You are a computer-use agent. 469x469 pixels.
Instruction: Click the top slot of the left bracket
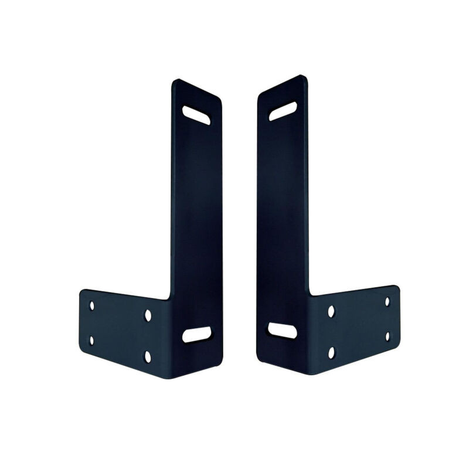tap(196, 115)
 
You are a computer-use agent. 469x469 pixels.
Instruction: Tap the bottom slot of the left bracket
tap(196, 334)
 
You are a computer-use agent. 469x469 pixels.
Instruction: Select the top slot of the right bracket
tap(283, 111)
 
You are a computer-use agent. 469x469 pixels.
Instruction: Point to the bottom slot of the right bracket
tap(282, 330)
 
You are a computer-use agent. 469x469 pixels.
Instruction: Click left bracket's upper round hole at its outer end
tap(91, 305)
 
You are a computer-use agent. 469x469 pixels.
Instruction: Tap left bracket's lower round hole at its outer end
tap(91, 340)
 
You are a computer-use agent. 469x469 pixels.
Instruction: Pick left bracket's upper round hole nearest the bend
tap(148, 315)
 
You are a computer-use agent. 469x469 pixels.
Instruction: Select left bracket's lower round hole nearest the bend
tap(148, 356)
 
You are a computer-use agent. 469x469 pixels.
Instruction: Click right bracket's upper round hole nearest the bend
tap(331, 311)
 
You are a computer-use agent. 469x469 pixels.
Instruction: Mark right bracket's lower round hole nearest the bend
tap(331, 352)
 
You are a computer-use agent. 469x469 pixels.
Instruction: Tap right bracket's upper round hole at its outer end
tap(387, 301)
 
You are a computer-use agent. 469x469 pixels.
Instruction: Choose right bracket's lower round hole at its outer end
tap(387, 337)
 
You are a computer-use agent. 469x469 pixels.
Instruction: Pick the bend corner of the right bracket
tap(309, 295)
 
